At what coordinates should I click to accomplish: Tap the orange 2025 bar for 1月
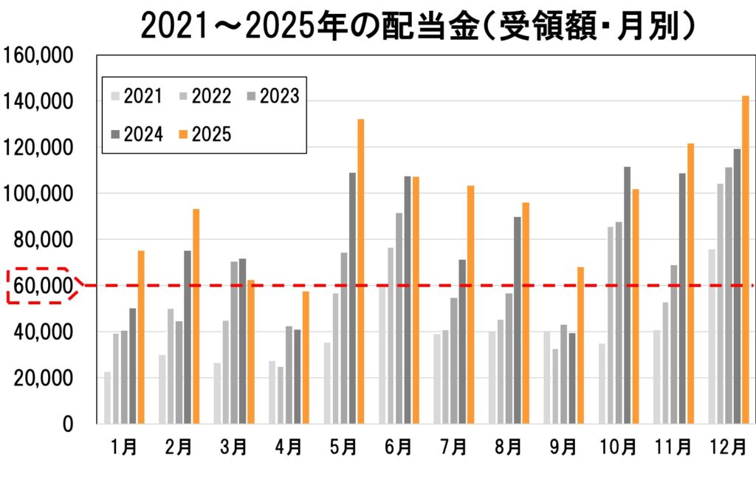(x=141, y=337)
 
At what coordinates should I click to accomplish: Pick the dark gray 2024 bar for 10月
(x=627, y=295)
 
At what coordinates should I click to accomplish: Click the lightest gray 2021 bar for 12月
(x=711, y=336)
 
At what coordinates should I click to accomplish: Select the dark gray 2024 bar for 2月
(x=188, y=337)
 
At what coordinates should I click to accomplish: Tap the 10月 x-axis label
(x=619, y=447)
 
